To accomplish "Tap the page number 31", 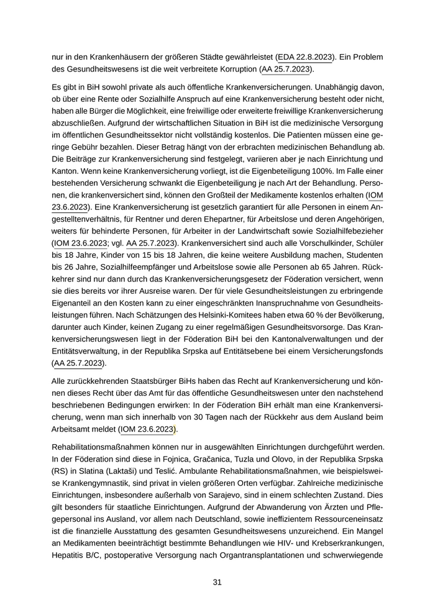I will [217, 582].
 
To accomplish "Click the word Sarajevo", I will [239, 496].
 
